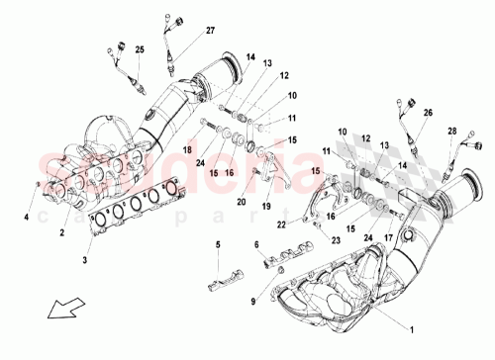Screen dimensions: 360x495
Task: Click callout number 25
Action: pos(140,48)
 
